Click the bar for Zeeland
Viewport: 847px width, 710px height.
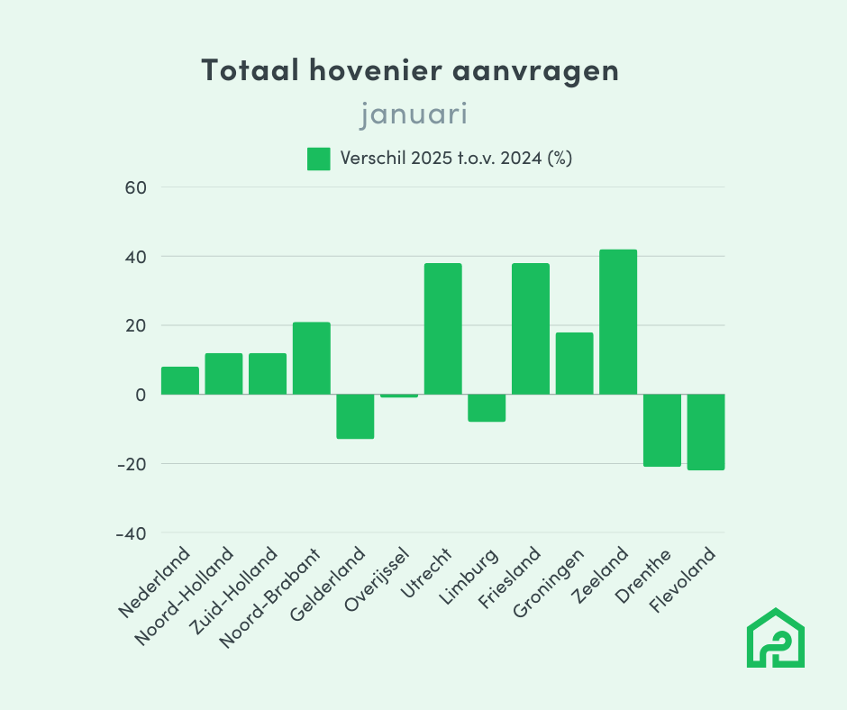coord(618,322)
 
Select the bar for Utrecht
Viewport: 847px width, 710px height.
coord(442,329)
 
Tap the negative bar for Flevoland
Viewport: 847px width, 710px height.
coord(706,432)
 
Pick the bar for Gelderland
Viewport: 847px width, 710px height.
coord(355,416)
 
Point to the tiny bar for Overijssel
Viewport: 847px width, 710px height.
coord(399,396)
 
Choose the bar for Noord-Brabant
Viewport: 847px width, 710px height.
coord(312,359)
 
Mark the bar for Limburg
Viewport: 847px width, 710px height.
coord(487,408)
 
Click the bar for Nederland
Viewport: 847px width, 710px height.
coord(180,381)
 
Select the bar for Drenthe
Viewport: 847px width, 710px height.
coord(661,431)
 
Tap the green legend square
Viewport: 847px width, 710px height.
coord(319,159)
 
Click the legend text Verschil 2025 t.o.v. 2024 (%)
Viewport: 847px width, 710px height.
coord(457,159)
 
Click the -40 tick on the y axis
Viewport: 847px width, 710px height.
coord(132,533)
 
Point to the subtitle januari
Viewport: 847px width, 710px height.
coord(414,114)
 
